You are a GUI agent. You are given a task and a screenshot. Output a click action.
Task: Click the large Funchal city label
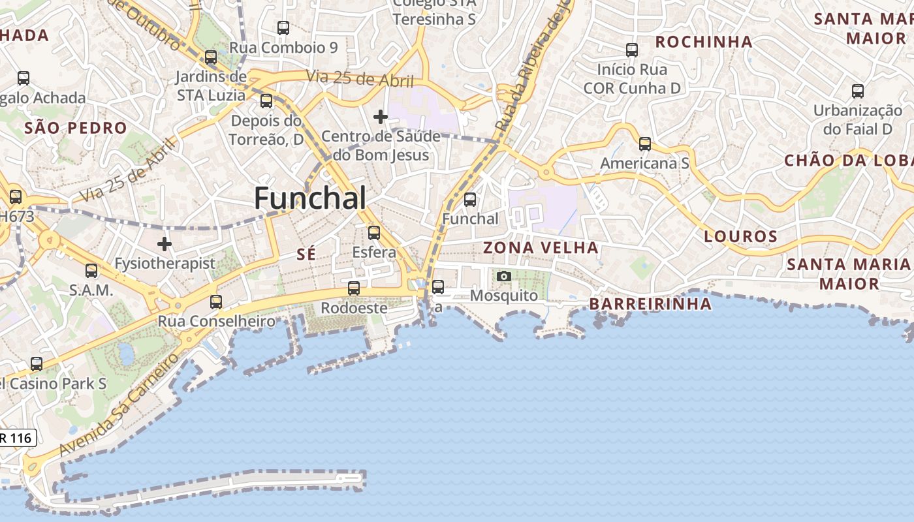[x=310, y=198]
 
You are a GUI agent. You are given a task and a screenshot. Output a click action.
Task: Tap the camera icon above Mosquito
[x=503, y=277]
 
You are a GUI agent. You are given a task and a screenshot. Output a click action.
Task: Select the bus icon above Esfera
[x=374, y=233]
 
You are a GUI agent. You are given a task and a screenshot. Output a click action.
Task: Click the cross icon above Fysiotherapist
[x=165, y=244]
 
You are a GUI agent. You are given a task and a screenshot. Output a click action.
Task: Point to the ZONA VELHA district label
[x=541, y=248]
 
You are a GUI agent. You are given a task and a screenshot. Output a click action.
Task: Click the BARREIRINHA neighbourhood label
[x=650, y=304]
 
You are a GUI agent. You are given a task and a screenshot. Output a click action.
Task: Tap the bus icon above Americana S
[x=645, y=144]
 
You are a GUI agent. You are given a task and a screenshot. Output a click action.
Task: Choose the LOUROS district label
[x=740, y=236]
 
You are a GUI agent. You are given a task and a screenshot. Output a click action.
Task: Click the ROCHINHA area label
[x=704, y=42]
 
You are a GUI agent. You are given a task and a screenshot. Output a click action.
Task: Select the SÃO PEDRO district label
[x=75, y=128]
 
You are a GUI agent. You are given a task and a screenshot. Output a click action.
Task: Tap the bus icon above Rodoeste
[x=354, y=288]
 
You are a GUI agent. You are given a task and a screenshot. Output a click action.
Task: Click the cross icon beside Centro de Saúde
[x=381, y=117]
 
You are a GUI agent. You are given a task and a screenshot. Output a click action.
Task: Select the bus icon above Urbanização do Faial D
[x=858, y=91]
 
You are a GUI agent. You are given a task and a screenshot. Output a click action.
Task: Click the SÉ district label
[x=306, y=254]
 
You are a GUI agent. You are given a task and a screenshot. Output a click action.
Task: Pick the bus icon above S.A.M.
[x=91, y=271]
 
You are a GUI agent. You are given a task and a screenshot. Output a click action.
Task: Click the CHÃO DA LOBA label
[x=848, y=161]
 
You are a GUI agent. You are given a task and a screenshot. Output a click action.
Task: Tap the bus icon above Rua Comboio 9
[x=283, y=28]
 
